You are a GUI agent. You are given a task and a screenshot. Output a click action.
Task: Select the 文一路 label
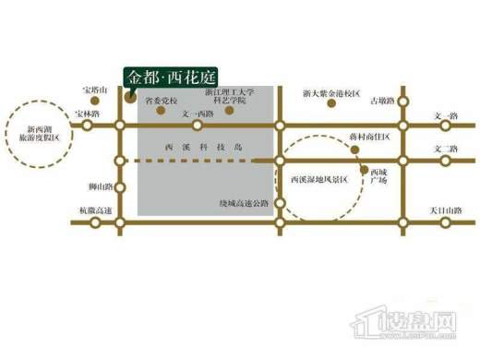[x=445, y=116]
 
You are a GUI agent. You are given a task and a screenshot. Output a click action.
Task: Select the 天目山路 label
[x=444, y=211]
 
